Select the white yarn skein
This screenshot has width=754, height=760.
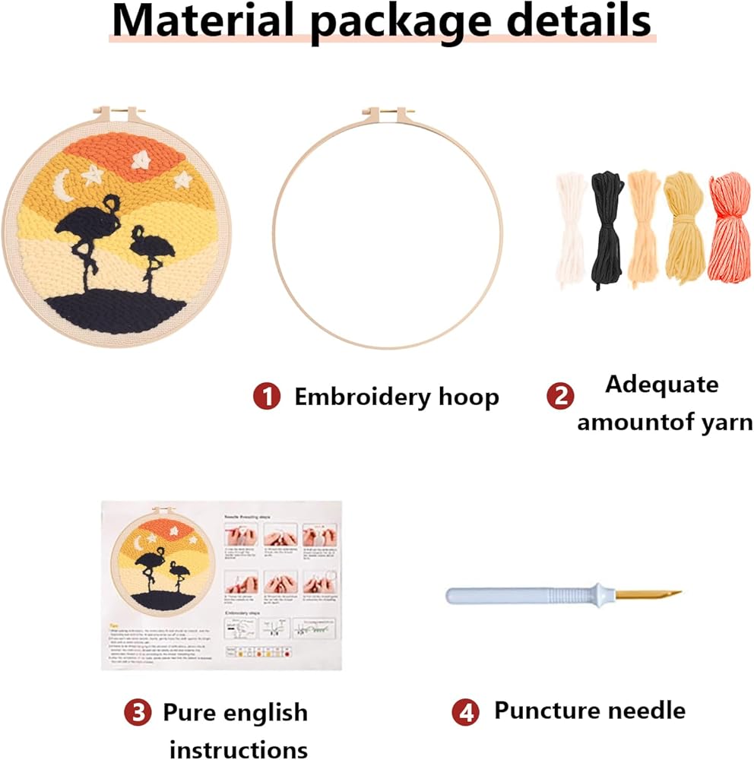(569, 228)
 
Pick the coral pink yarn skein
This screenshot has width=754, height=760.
(729, 228)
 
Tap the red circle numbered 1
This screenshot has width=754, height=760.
(266, 396)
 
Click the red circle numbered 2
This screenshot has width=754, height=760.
(559, 396)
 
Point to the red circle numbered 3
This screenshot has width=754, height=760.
(136, 712)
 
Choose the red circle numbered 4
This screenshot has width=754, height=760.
(464, 712)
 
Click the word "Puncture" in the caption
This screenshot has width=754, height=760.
(538, 710)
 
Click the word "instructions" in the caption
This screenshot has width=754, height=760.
(238, 749)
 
